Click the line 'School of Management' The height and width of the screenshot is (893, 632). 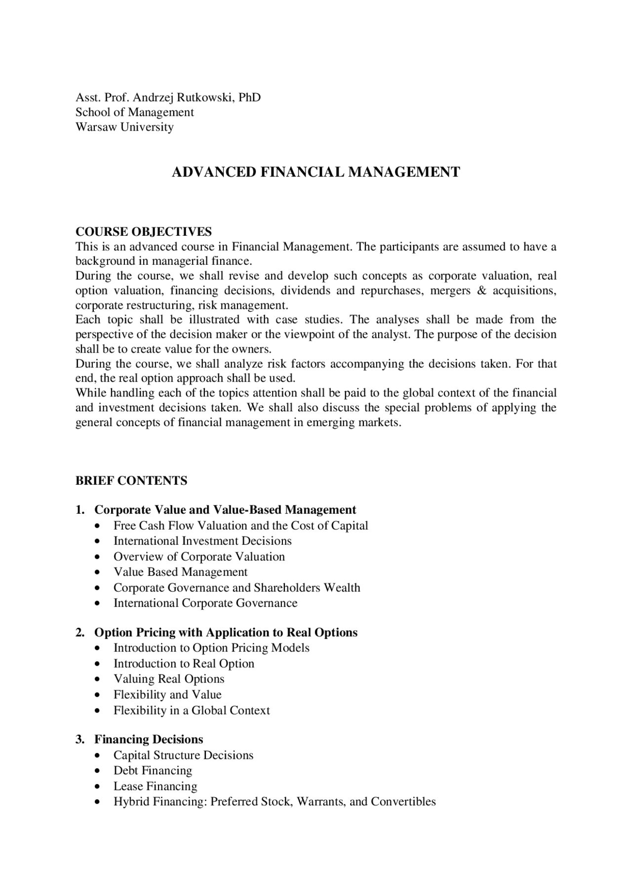coord(134,112)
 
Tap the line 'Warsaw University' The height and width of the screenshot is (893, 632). coord(124,127)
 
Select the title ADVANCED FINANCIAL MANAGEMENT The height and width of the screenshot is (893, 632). coord(316,172)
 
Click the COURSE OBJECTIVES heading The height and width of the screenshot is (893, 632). coord(143,232)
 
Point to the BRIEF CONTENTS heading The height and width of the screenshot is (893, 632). coord(131,481)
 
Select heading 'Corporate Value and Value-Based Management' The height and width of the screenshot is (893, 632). coord(225,510)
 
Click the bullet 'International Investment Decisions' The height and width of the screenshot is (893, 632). coord(202,541)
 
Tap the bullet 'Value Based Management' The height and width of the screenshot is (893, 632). coord(180,572)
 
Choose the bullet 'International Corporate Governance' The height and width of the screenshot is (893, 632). coord(205,603)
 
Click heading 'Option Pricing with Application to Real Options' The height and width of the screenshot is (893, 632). coord(226,633)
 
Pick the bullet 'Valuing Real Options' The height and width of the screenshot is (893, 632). coord(169,679)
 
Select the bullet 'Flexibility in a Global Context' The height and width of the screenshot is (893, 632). coord(192,711)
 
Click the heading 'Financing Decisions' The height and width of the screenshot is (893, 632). coord(149,740)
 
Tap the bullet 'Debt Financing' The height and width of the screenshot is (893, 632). coord(153,771)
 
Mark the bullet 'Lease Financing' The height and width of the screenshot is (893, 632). coord(155,786)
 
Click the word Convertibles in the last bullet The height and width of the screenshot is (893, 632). coord(403,802)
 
